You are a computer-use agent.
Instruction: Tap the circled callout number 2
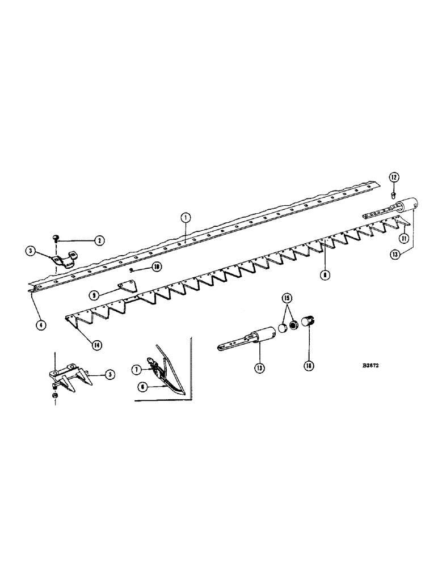pos(99,241)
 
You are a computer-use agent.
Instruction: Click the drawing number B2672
pos(355,366)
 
